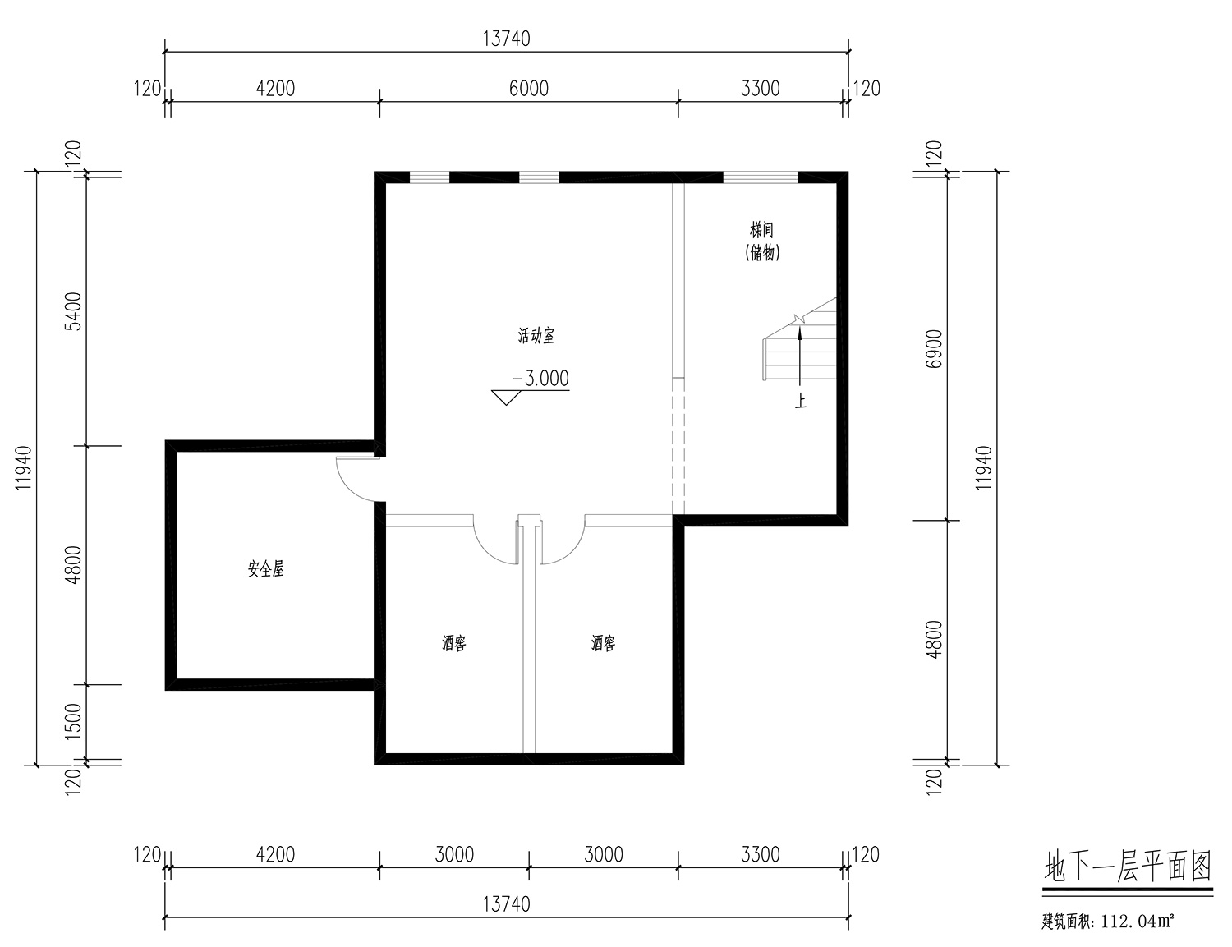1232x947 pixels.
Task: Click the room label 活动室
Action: click(536, 335)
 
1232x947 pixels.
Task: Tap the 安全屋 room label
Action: click(265, 569)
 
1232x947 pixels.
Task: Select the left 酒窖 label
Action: click(453, 643)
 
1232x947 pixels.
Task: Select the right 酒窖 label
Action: click(603, 643)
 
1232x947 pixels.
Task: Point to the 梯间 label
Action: click(761, 230)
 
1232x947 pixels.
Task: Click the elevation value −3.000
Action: click(540, 379)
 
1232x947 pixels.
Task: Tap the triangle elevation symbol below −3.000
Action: click(506, 398)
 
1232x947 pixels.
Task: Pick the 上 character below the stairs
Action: click(800, 402)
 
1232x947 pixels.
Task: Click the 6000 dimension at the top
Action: click(528, 89)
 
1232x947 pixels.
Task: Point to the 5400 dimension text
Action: click(74, 311)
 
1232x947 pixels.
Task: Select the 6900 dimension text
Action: click(933, 348)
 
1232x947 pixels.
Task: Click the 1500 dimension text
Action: click(74, 721)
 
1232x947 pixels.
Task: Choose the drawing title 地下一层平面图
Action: click(1128, 867)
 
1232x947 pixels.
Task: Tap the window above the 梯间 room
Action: click(761, 177)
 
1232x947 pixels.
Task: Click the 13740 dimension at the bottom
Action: click(506, 904)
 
